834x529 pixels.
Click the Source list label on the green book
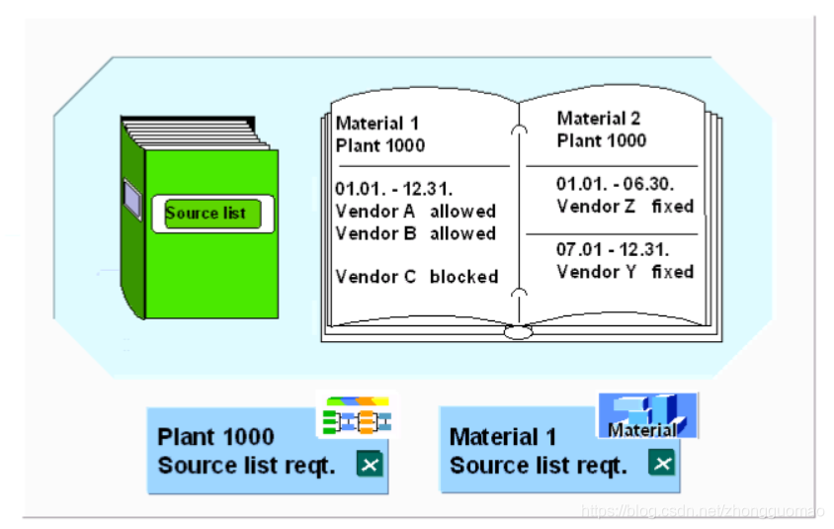[x=206, y=213]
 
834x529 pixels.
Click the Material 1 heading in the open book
[x=377, y=124]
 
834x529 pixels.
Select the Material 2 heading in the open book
[x=599, y=119]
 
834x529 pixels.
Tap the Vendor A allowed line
[x=415, y=212]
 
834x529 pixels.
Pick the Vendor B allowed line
[x=415, y=233]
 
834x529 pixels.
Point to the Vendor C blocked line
[x=416, y=277]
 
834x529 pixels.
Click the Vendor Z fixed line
[x=625, y=207]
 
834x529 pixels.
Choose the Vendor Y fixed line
[x=625, y=272]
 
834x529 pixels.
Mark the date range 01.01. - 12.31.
[x=393, y=189]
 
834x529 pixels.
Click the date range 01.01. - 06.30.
[x=615, y=184]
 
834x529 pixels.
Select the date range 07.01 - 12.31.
[x=612, y=249]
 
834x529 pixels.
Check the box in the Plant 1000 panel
[x=368, y=464]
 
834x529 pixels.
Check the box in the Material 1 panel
[x=660, y=464]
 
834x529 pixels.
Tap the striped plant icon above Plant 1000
[x=356, y=416]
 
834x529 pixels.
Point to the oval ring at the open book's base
[x=519, y=332]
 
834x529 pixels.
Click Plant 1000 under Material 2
[x=601, y=140]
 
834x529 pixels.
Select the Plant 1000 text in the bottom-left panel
[x=215, y=437]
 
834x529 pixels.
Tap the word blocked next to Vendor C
[x=463, y=277]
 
